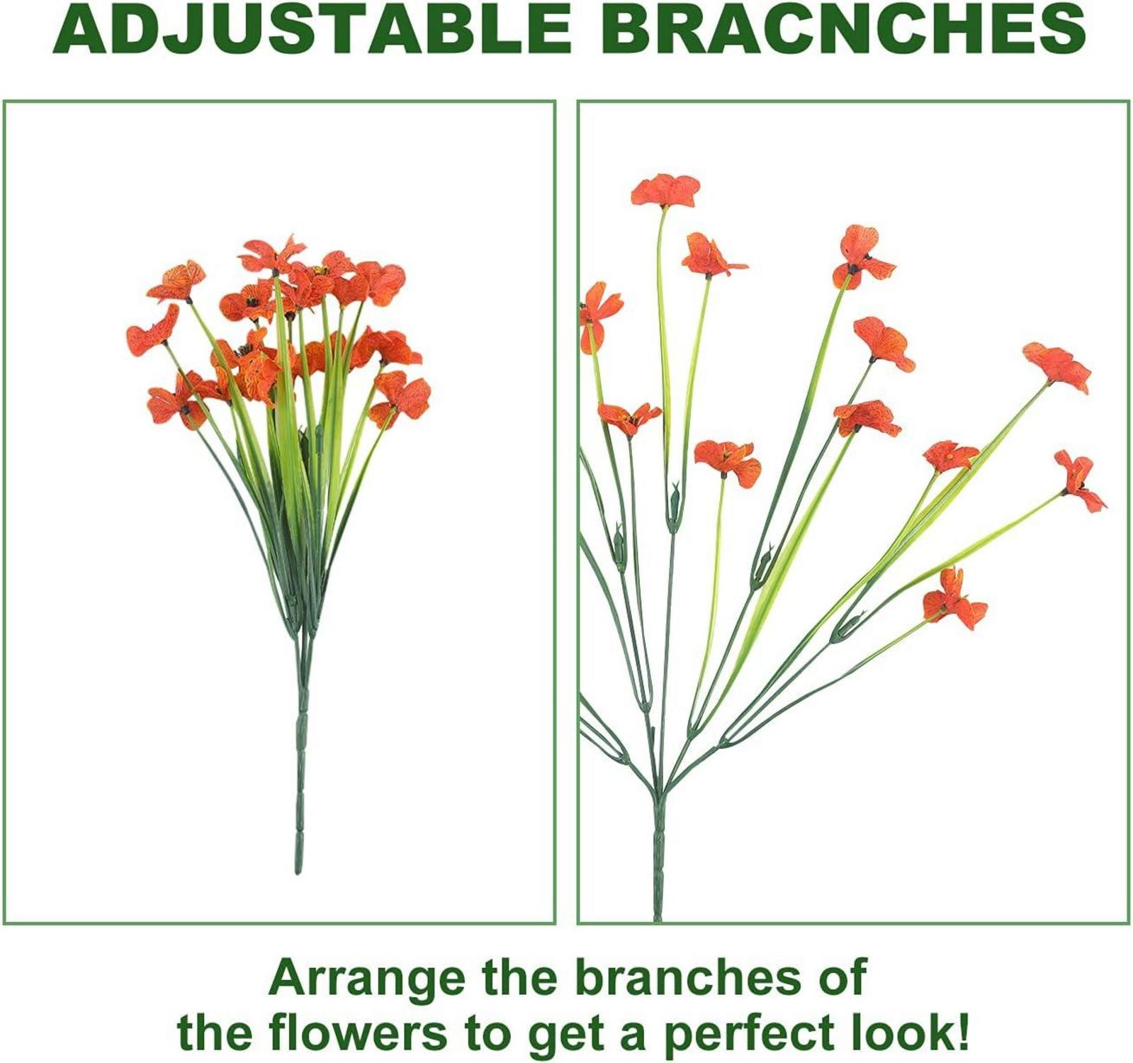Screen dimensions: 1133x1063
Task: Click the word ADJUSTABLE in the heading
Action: click(x=312, y=30)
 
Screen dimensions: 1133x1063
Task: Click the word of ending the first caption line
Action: click(x=838, y=977)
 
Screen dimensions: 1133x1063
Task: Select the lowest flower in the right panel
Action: click(x=954, y=599)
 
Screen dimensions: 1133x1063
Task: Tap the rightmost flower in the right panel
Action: click(x=1079, y=481)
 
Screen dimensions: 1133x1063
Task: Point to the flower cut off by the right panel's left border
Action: click(x=599, y=315)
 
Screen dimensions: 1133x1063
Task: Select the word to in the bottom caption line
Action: click(x=488, y=1034)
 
